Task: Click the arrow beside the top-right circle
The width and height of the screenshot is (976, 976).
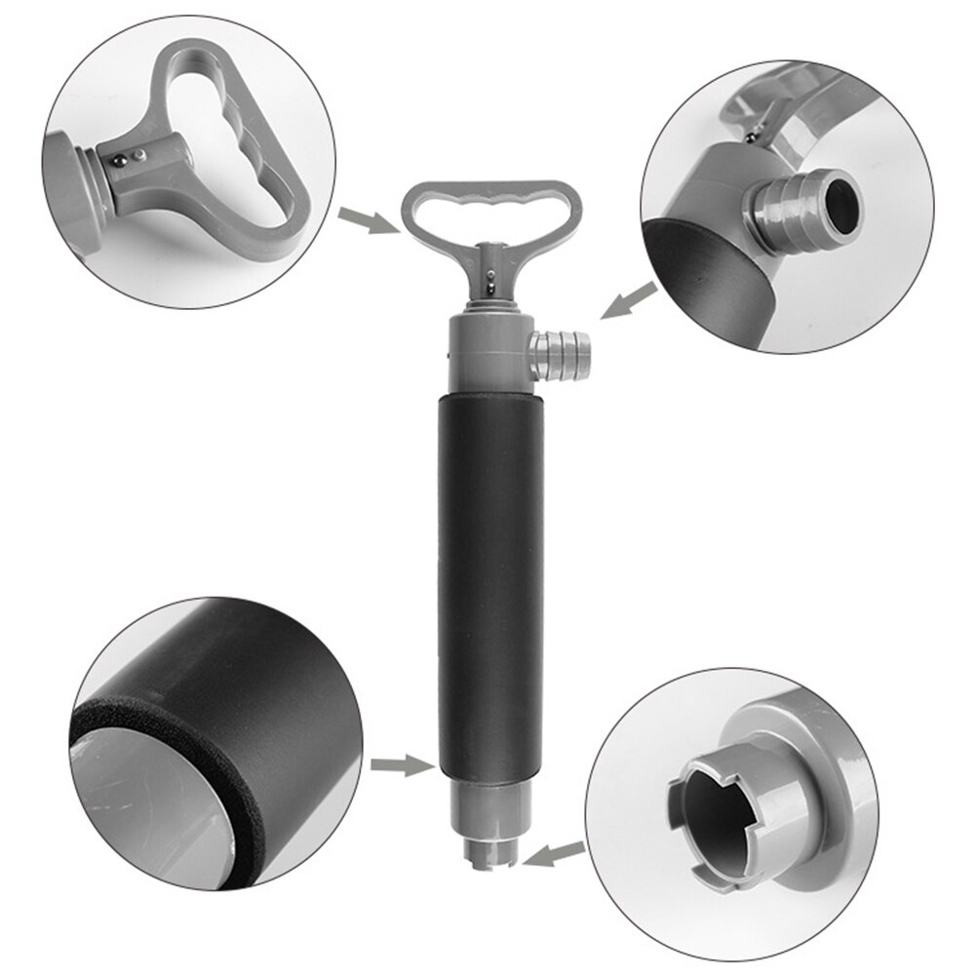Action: [623, 300]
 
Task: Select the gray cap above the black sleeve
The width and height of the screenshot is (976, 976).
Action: [485, 353]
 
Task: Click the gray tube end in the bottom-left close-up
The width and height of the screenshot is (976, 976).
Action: [146, 809]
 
